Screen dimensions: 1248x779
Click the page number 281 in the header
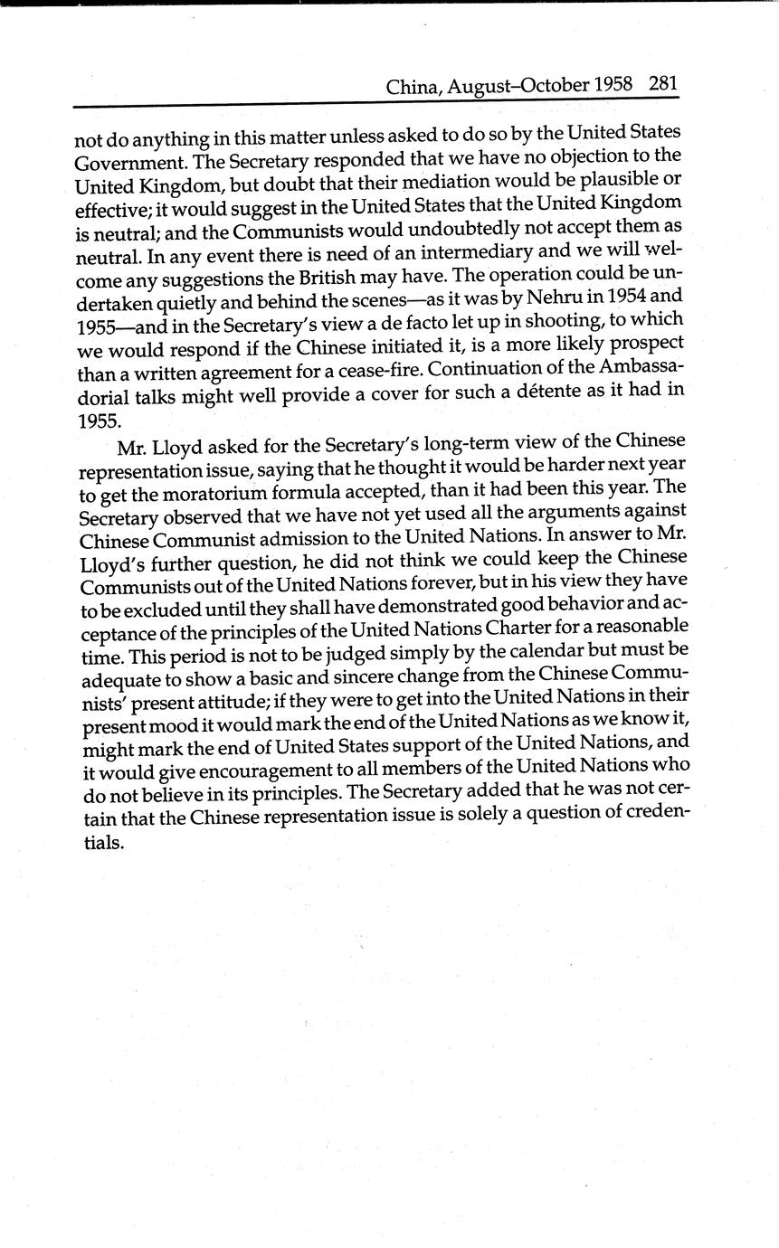(x=663, y=84)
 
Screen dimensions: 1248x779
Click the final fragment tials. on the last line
(x=97, y=843)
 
